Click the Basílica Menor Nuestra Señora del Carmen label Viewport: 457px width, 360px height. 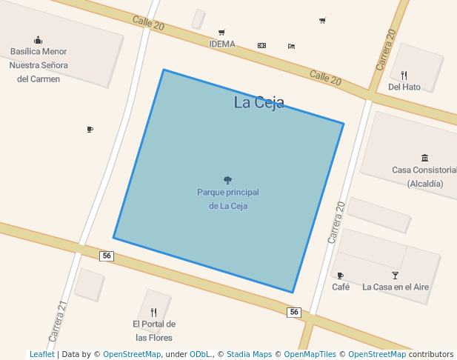39,65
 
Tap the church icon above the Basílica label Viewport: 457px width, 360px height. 39,40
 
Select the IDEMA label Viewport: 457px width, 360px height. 222,44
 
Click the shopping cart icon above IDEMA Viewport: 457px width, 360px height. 221,32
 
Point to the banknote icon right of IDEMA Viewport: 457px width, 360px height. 261,45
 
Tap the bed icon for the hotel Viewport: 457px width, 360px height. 291,46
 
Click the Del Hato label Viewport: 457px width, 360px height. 404,87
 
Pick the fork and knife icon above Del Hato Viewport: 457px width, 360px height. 404,75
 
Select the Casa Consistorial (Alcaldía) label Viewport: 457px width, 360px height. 424,176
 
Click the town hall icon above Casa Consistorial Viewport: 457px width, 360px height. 424,158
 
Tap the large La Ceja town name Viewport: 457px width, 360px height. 259,103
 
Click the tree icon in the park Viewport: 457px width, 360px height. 227,180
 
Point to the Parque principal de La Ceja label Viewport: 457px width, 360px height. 228,199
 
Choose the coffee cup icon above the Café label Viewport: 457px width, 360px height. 341,276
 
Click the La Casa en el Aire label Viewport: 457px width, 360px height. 396,287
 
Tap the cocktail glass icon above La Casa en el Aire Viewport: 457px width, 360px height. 395,276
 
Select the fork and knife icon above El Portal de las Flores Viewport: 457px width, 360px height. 153,312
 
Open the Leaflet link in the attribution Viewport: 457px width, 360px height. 41,354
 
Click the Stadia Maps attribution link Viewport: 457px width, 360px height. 249,354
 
